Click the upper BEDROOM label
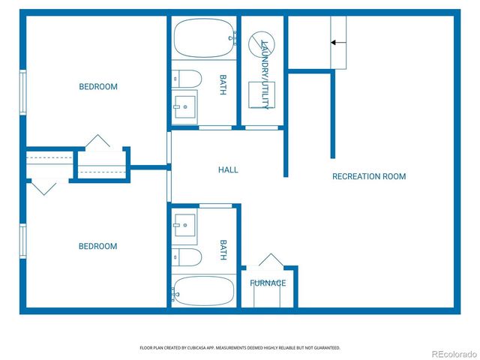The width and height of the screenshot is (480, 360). tap(98, 87)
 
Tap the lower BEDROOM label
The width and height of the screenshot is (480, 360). tap(98, 246)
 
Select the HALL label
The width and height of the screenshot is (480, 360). tap(228, 170)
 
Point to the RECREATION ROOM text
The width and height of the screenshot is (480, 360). tap(369, 176)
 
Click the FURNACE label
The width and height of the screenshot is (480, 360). tap(268, 283)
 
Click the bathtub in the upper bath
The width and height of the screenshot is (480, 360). tap(204, 38)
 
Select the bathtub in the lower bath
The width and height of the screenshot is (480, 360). tap(203, 291)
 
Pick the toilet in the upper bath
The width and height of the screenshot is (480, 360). tap(187, 79)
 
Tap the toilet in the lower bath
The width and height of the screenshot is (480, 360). tap(187, 257)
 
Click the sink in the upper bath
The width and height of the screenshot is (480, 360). tap(185, 106)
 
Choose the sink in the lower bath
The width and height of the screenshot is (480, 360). tap(185, 225)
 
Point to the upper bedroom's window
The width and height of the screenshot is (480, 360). tap(23, 92)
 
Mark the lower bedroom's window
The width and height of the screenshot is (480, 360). tap(23, 241)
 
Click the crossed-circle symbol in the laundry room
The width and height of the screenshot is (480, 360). tap(262, 44)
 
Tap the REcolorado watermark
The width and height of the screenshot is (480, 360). tap(454, 354)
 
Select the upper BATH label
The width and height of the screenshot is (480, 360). tap(223, 85)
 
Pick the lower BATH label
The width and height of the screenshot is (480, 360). tap(223, 250)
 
